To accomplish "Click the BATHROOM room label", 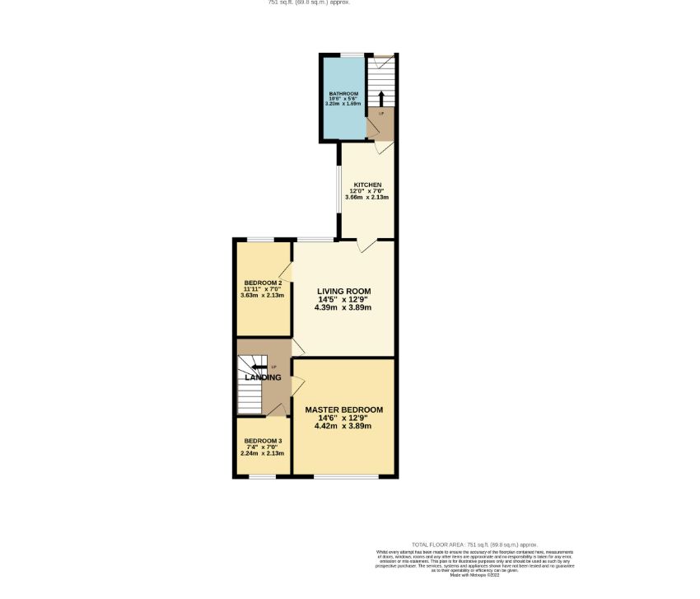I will (343, 95).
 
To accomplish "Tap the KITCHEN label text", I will (367, 184).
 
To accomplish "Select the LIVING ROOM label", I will (343, 291).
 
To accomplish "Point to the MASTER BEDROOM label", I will (343, 409).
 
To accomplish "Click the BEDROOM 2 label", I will (263, 283).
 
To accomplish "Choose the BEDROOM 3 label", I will (263, 441).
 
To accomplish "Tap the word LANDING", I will (262, 377).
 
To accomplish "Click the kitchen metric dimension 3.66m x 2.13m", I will (368, 198).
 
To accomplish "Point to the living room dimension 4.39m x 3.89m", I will (343, 307).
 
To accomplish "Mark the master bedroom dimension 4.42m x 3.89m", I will (343, 426).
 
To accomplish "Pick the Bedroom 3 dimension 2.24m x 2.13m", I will (263, 453).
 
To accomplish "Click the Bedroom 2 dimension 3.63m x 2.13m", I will (263, 295).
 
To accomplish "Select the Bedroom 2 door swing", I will (286, 271).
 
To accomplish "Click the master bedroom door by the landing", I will (298, 383).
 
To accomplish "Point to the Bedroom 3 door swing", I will (280, 409).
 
